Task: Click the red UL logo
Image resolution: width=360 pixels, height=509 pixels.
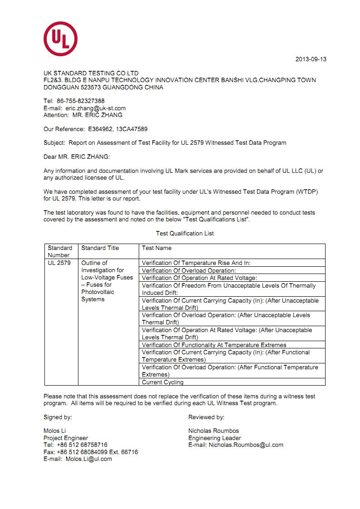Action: (x=60, y=39)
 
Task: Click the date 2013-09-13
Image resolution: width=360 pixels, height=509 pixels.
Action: (x=311, y=59)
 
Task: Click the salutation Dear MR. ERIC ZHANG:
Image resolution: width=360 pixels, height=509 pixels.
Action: (x=77, y=157)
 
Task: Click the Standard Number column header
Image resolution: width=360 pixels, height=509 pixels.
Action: (x=60, y=251)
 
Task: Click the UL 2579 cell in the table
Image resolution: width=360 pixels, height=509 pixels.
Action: (x=59, y=263)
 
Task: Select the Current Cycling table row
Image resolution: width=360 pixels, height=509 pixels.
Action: (x=162, y=382)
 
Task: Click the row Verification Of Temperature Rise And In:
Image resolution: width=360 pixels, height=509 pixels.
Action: (x=196, y=263)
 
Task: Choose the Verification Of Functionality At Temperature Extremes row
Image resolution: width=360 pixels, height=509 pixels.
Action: (x=214, y=345)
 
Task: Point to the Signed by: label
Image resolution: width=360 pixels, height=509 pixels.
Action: (x=58, y=417)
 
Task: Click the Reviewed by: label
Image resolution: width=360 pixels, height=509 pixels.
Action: (x=206, y=417)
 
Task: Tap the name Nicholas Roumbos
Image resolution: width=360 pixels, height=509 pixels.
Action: (x=214, y=431)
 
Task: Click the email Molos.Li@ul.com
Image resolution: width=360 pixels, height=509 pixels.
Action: (x=88, y=459)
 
